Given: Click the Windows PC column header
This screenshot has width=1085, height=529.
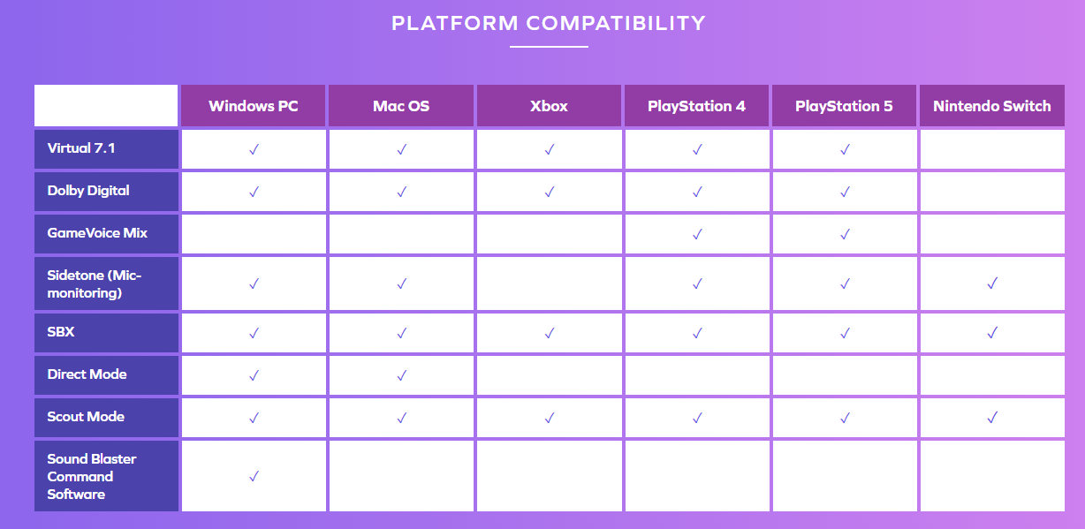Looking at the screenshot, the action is [254, 106].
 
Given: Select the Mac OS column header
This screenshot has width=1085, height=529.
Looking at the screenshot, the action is [401, 106].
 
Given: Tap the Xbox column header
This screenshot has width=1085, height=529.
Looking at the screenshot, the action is [549, 106].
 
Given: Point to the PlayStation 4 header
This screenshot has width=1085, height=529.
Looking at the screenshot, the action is [696, 106].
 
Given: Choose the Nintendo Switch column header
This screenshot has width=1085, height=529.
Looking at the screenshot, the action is [992, 106].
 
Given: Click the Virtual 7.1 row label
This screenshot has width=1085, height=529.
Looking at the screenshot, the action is [81, 148].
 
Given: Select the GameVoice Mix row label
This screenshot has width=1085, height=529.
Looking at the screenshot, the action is [97, 233].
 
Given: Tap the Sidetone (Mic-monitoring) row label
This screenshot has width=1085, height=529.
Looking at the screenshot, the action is [94, 284].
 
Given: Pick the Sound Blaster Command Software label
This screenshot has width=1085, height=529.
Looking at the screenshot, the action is [92, 476].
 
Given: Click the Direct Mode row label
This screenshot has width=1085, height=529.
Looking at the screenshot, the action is [87, 374].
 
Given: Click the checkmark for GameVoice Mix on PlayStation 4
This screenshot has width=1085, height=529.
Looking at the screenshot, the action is [697, 234].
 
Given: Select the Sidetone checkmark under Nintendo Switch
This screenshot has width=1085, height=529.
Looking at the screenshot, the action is [992, 283].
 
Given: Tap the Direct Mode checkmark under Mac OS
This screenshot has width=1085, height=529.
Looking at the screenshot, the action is [401, 375].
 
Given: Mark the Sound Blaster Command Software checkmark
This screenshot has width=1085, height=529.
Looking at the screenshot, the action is [254, 476].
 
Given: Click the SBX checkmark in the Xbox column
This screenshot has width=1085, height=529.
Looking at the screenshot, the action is [550, 333].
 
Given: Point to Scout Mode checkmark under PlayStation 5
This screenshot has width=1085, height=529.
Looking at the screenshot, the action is [845, 418].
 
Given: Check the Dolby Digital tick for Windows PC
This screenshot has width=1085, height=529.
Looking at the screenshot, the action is [254, 192].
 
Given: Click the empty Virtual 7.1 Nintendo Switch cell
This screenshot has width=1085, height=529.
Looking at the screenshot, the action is [992, 149].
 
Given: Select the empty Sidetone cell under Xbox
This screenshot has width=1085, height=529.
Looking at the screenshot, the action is [549, 283].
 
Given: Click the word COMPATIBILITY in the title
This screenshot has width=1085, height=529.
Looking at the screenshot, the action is [616, 23].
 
